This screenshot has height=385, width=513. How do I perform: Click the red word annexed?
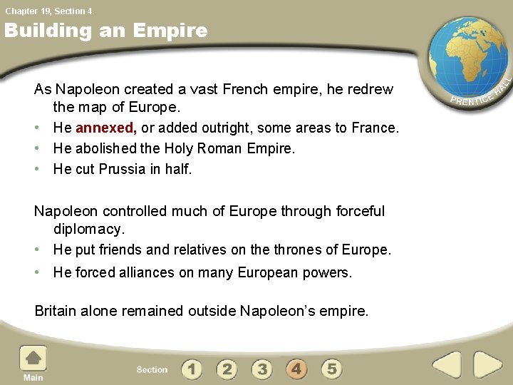106,128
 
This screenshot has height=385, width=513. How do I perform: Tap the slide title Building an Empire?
105,31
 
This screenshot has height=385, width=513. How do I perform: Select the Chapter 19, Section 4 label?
48,11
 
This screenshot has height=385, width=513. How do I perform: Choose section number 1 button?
191,369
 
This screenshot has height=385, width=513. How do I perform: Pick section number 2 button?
227,369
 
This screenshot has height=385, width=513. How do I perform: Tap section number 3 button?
262,369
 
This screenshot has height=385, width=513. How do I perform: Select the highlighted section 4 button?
296,369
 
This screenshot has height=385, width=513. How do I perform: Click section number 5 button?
331,369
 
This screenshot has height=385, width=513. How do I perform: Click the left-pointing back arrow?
447,364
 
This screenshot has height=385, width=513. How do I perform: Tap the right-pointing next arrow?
488,364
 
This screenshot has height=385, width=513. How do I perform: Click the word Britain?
56,311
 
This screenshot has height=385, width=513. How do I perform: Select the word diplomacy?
89,230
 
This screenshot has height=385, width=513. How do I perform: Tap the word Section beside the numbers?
152,369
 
